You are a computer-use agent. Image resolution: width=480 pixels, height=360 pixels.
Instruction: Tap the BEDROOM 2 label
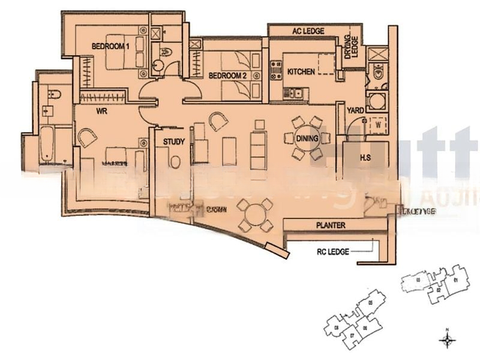[x=227, y=76]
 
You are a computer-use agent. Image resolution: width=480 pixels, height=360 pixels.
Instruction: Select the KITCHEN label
[x=301, y=71]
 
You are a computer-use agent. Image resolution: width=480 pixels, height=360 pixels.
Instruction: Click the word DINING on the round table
[x=307, y=139]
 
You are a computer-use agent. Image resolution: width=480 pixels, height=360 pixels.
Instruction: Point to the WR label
[x=101, y=111]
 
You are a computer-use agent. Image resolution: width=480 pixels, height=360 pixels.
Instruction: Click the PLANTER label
[x=331, y=225]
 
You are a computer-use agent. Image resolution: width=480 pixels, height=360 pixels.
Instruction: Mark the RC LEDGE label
[x=332, y=252]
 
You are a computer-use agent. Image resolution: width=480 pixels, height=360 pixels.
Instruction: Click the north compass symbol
[x=447, y=340]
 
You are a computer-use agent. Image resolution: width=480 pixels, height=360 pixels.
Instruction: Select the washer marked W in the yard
[x=379, y=125]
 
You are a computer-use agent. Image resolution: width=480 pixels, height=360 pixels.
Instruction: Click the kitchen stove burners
[x=277, y=70]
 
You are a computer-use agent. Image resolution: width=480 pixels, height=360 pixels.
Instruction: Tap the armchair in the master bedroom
[x=87, y=137]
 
